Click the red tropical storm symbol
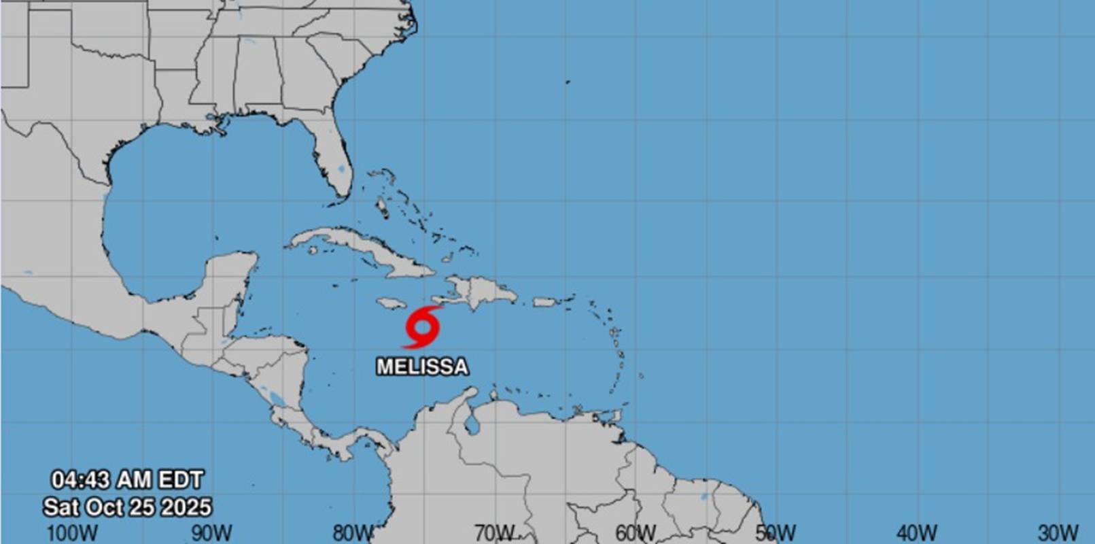[x=421, y=327]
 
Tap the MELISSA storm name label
[x=422, y=367]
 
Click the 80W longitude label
[x=353, y=532]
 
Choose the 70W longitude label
[x=494, y=532]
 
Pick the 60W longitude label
[x=635, y=532]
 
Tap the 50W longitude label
[x=776, y=532]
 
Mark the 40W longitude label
[x=917, y=532]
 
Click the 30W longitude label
[x=1058, y=532]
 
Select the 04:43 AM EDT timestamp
[x=127, y=480]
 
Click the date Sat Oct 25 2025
[x=127, y=507]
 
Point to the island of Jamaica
[x=391, y=303]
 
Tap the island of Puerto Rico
[x=545, y=301]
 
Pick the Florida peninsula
[x=332, y=163]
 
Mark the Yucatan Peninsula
[x=231, y=279]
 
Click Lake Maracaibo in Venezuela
[x=470, y=425]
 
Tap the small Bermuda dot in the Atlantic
[x=567, y=82]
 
